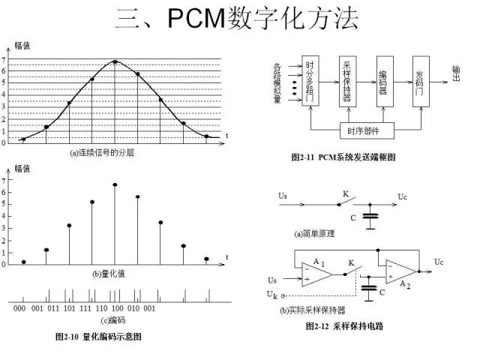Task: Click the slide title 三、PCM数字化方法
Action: point(241,18)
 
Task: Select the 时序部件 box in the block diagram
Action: point(363,132)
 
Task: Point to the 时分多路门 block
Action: point(312,81)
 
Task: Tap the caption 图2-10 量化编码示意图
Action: point(98,337)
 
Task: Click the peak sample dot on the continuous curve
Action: point(115,62)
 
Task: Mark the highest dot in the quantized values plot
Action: point(115,184)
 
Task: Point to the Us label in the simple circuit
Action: point(283,196)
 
